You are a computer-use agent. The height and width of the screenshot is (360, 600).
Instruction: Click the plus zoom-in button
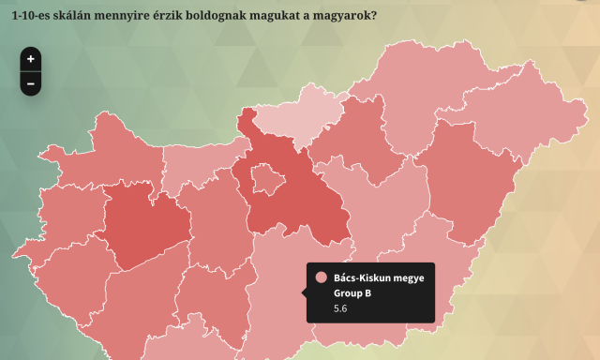coord(31,59)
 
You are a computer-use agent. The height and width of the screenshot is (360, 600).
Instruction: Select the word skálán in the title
coord(83,15)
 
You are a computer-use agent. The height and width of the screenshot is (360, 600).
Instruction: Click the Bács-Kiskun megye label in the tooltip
coord(379,277)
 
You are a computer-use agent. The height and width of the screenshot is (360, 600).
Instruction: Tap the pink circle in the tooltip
coord(322,277)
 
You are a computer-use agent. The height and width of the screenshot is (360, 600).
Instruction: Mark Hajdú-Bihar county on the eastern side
coord(473,183)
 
